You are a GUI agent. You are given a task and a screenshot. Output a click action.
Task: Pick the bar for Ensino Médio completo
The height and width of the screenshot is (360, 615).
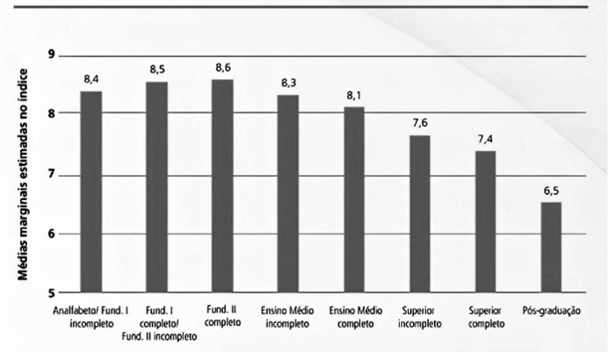[354, 199]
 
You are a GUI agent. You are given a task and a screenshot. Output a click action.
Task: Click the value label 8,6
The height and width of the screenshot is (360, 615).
[222, 67]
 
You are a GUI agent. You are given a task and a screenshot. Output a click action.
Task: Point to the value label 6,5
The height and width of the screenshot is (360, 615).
[550, 190]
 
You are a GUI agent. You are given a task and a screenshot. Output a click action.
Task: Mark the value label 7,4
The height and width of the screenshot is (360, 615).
[485, 139]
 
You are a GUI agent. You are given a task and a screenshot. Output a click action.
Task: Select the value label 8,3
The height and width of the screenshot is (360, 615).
[288, 82]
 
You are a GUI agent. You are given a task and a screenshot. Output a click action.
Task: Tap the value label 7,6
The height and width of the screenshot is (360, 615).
[420, 123]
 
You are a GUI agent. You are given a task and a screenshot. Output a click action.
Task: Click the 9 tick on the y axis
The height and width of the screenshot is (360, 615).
[52, 55]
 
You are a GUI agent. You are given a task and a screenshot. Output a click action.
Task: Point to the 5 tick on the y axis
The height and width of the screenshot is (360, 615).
[52, 292]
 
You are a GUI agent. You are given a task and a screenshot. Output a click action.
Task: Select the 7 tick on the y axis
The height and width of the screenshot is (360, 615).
[52, 175]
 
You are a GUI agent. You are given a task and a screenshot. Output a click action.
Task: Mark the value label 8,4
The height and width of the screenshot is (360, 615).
[90, 78]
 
